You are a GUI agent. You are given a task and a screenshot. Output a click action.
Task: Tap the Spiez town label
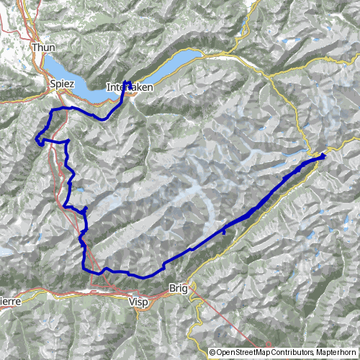pyautogui.click(x=62, y=84)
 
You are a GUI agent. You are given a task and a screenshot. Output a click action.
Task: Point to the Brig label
pyautogui.click(x=178, y=288)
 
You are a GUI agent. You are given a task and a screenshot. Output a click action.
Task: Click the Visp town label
pyautogui.click(x=140, y=302)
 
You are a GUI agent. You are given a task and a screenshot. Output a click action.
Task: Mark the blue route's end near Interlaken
pyautogui.click(x=125, y=81)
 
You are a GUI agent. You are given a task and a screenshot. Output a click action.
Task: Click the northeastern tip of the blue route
pyautogui.click(x=325, y=153)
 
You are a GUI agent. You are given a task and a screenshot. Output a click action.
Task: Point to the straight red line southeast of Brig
pyautogui.click(x=223, y=317)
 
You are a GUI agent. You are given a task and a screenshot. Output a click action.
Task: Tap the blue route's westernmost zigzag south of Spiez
pyautogui.click(x=39, y=139)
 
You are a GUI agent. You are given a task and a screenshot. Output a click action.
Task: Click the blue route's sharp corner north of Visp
pyautogui.click(x=86, y=269)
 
